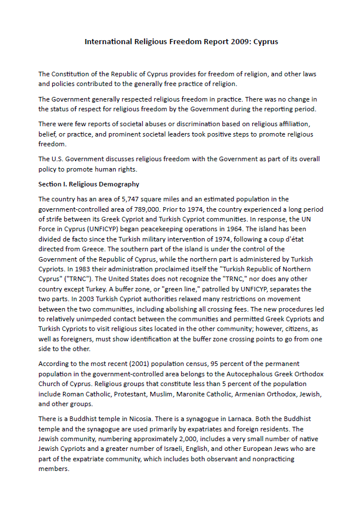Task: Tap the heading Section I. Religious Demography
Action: coord(89,184)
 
